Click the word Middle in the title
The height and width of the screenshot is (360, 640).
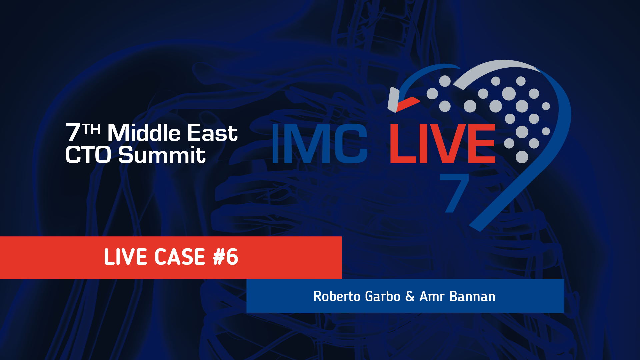point(144,132)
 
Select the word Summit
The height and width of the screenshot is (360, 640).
point(162,155)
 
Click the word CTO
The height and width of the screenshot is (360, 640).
point(88,155)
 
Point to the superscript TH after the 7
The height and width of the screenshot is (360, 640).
point(92,129)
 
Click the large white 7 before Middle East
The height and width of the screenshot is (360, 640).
point(73,132)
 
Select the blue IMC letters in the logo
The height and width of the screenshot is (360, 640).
point(320,143)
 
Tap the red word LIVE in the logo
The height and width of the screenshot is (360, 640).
point(442,143)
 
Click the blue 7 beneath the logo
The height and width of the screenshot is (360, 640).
point(454,193)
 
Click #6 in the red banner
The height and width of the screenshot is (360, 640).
point(226,257)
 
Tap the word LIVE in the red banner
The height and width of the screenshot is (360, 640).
point(121,257)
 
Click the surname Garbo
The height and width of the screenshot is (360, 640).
point(383,296)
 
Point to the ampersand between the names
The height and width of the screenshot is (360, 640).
point(410,296)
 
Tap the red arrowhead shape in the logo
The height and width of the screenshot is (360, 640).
point(407,104)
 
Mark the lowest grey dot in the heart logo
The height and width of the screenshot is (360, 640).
point(522,157)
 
